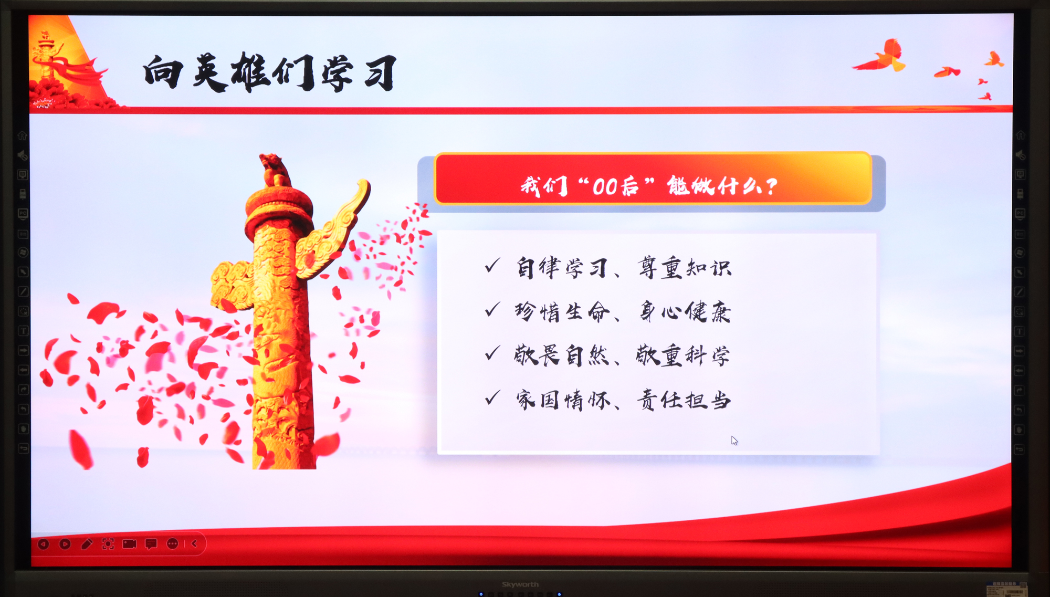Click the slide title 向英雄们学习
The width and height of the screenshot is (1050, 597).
pyautogui.click(x=270, y=72)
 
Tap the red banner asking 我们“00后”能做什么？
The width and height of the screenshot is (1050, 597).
pyautogui.click(x=653, y=179)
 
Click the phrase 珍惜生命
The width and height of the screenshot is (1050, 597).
pyautogui.click(x=562, y=312)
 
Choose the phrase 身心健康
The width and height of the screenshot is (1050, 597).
pyautogui.click(x=685, y=312)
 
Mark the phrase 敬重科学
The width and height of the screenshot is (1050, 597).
pyautogui.click(x=683, y=355)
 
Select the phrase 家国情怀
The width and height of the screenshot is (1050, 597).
pyautogui.click(x=563, y=400)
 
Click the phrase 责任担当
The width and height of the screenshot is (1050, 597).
pyautogui.click(x=684, y=400)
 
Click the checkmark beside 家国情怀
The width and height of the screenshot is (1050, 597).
pyautogui.click(x=492, y=397)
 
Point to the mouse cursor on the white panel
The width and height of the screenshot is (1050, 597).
pyautogui.click(x=734, y=441)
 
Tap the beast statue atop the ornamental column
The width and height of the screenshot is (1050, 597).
pyautogui.click(x=275, y=170)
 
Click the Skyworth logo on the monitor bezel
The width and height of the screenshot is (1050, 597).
pyautogui.click(x=520, y=584)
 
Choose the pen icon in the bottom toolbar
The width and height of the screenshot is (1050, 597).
pyautogui.click(x=87, y=544)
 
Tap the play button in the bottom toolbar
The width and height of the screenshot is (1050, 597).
pyautogui.click(x=65, y=544)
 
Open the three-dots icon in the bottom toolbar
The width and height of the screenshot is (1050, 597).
pyautogui.click(x=173, y=544)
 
